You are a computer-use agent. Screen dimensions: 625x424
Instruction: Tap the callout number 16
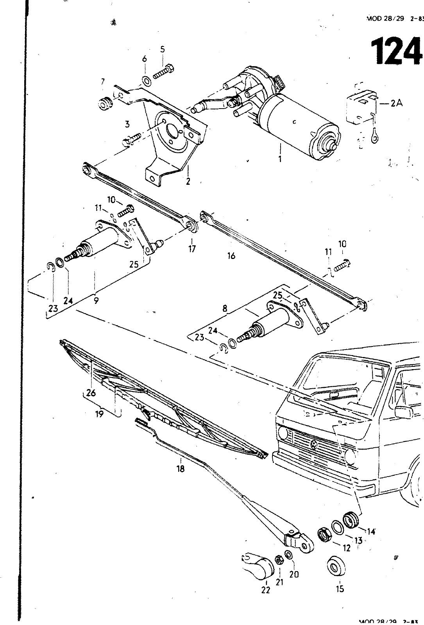[231, 256]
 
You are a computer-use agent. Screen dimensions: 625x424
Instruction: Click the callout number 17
[192, 248]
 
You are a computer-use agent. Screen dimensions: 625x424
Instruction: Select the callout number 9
[96, 300]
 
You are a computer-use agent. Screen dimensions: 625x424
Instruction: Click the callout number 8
[225, 308]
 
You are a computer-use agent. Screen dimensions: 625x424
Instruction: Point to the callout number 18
[180, 469]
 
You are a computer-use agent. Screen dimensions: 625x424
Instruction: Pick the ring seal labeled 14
[350, 520]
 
